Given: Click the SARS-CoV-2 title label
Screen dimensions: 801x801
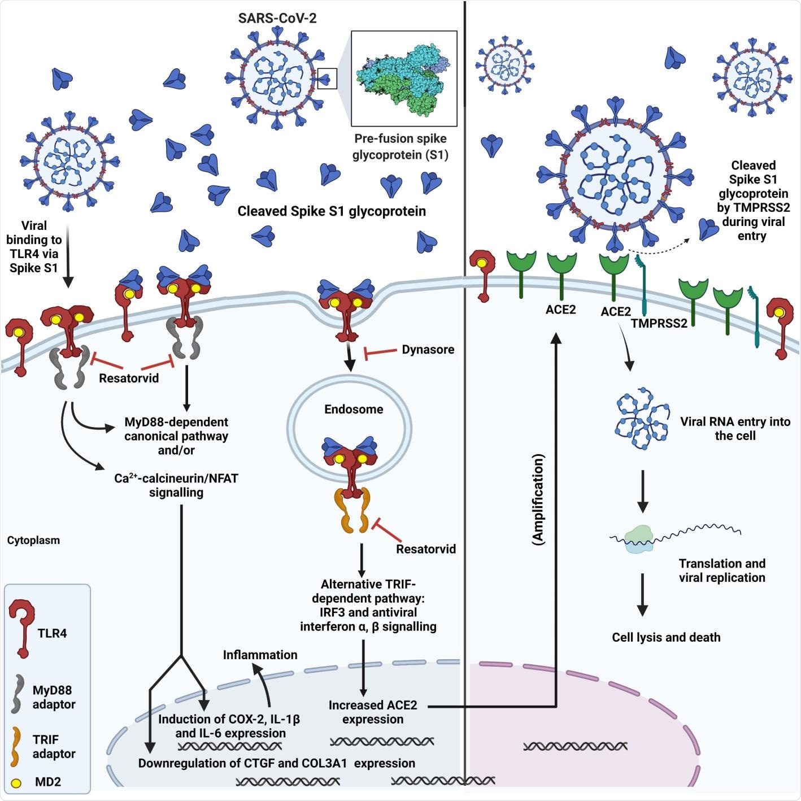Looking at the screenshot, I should tap(277, 18).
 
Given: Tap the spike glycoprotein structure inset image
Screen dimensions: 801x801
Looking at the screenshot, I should tap(404, 79).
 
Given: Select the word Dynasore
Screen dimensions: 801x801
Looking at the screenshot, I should tap(428, 350).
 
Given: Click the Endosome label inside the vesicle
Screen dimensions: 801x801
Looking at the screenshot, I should tap(354, 409).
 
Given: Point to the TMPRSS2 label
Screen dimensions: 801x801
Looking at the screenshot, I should tap(659, 323).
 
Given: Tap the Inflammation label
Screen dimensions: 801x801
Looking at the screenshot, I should tap(260, 655).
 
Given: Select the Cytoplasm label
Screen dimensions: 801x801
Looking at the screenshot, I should tap(33, 540).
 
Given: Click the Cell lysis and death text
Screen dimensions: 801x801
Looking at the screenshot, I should tap(666, 637).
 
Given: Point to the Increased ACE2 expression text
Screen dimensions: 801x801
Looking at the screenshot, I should tap(373, 712).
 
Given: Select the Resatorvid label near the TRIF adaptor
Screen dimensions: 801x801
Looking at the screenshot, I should tap(425, 549).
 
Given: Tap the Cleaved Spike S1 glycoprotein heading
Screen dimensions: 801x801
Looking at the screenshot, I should tap(332, 211).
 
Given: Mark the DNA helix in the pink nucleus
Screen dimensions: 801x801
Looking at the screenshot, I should tap(575, 746).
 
